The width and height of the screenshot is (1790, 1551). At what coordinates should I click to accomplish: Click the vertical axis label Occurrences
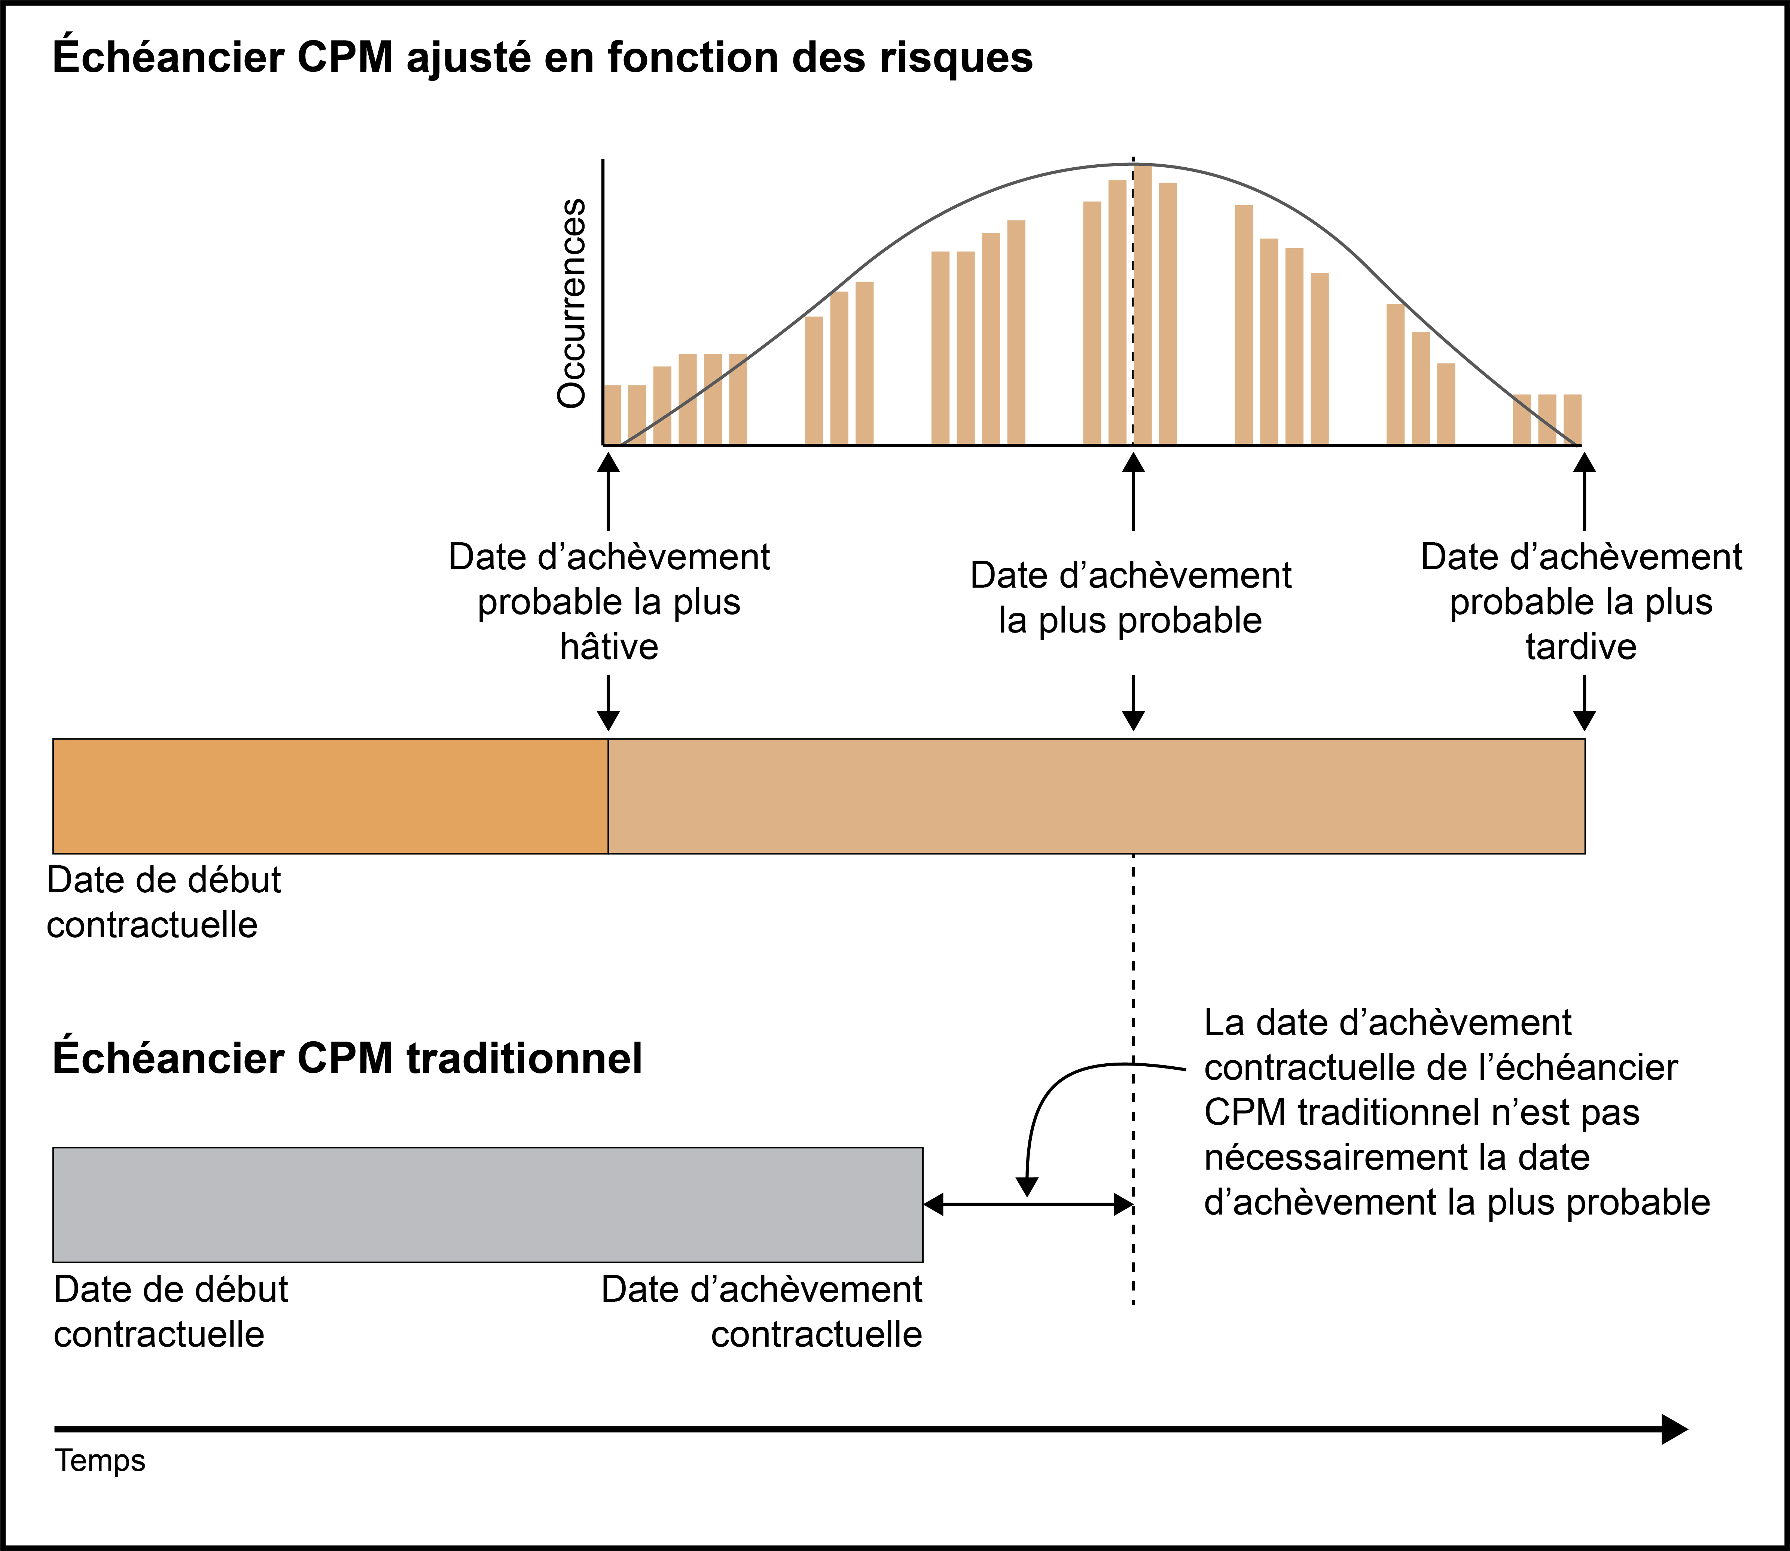click(571, 303)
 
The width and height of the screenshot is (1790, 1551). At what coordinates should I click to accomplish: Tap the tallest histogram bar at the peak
click(1143, 305)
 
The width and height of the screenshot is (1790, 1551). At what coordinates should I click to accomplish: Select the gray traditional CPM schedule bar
click(488, 1205)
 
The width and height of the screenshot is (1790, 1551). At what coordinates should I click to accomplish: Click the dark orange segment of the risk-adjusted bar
click(331, 796)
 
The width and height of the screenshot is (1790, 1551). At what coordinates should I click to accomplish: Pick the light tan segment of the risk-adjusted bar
click(1097, 796)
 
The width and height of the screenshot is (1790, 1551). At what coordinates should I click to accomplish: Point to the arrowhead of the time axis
click(1675, 1429)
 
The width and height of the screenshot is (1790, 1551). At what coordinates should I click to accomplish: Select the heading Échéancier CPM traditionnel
click(347, 1058)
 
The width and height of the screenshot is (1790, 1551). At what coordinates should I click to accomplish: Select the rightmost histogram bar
click(1573, 420)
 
